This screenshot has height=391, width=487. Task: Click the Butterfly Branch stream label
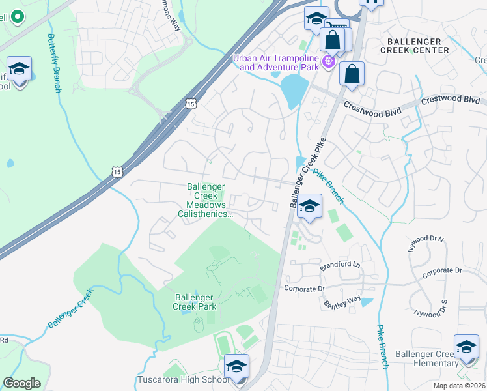tap(54, 63)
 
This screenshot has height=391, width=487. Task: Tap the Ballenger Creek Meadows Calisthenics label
tap(206, 200)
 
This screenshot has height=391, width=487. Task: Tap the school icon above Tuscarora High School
tap(237, 367)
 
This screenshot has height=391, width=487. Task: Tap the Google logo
tap(21, 383)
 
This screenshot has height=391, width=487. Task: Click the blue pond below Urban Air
tap(294, 90)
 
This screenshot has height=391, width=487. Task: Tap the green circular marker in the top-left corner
tap(16, 16)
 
